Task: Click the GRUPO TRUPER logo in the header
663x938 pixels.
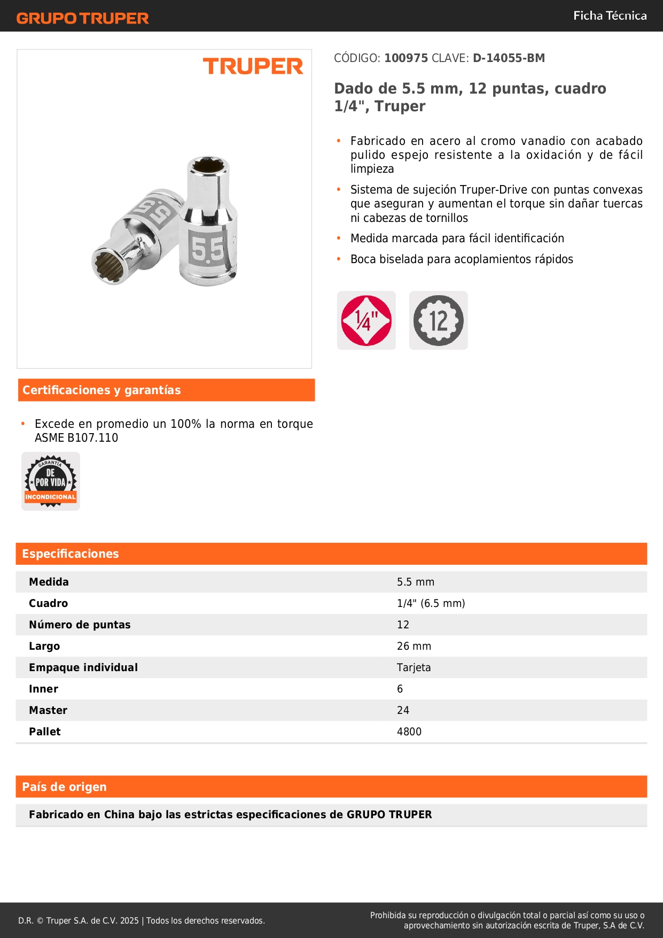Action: (x=83, y=18)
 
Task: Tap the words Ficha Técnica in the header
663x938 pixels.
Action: (x=610, y=16)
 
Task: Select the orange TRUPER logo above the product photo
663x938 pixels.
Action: (x=253, y=66)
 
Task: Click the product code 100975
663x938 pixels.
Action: (x=406, y=58)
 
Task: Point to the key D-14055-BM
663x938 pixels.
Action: (x=509, y=58)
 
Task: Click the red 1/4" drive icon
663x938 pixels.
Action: (x=366, y=320)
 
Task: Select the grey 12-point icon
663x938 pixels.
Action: (x=439, y=320)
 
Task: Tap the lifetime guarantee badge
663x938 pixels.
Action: (x=51, y=481)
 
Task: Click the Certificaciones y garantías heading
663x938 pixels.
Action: (x=102, y=390)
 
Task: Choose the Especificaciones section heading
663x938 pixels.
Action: (x=71, y=554)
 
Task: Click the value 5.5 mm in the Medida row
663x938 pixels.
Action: (x=416, y=582)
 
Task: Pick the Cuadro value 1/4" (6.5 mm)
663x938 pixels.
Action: (x=431, y=603)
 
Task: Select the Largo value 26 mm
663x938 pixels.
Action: (x=414, y=646)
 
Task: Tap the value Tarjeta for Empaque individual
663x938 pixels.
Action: (x=414, y=667)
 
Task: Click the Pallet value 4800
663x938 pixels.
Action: (x=409, y=732)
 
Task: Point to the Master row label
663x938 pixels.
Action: (x=48, y=710)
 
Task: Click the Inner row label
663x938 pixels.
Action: (x=44, y=689)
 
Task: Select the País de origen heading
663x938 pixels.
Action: (x=65, y=787)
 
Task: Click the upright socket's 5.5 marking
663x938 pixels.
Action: (x=207, y=249)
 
